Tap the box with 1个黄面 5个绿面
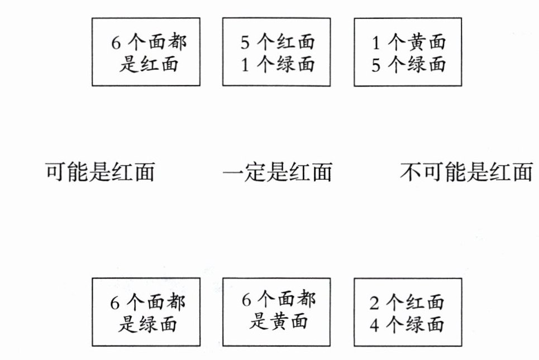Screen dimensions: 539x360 (409, 51)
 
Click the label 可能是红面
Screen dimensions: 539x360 (99, 172)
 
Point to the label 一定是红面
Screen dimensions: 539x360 (277, 172)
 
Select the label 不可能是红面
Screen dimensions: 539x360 (466, 172)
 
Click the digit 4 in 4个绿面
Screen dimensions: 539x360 (375, 324)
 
